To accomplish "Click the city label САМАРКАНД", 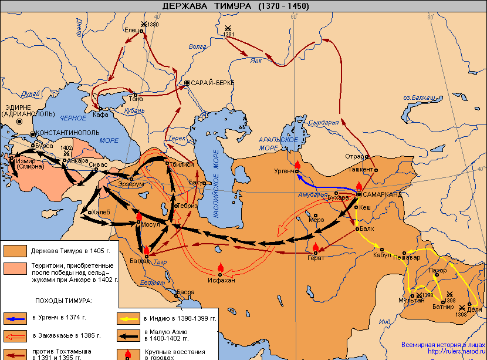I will coord(383,194).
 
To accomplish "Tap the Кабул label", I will coord(382,255).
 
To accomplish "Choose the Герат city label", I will coord(316,258).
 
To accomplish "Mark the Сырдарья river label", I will coord(324,123).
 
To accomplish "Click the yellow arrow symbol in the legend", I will coord(129,319).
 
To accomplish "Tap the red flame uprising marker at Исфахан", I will coord(221,267).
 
